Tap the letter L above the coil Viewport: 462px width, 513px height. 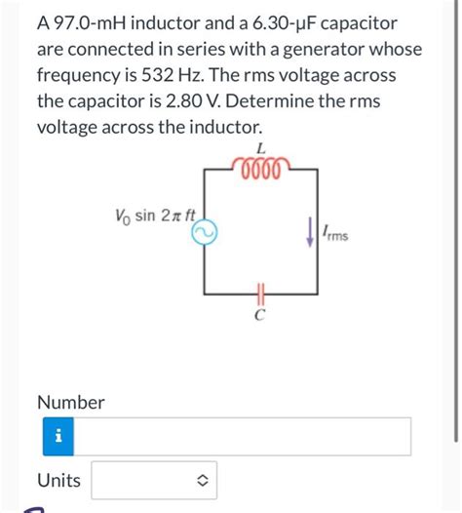pyautogui.click(x=259, y=147)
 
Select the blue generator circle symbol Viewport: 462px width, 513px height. pyautogui.click(x=207, y=230)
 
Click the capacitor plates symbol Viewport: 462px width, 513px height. pyautogui.click(x=260, y=292)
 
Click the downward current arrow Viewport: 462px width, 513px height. pyautogui.click(x=311, y=231)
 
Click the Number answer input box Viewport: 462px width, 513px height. pyautogui.click(x=244, y=436)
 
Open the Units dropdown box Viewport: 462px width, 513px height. pyautogui.click(x=154, y=480)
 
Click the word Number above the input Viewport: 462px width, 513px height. pyautogui.click(x=70, y=402)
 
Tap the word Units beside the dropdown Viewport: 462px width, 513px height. pyautogui.click(x=58, y=480)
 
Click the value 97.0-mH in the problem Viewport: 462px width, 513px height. pyautogui.click(x=88, y=21)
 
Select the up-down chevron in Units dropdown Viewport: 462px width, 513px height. pyautogui.click(x=202, y=480)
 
